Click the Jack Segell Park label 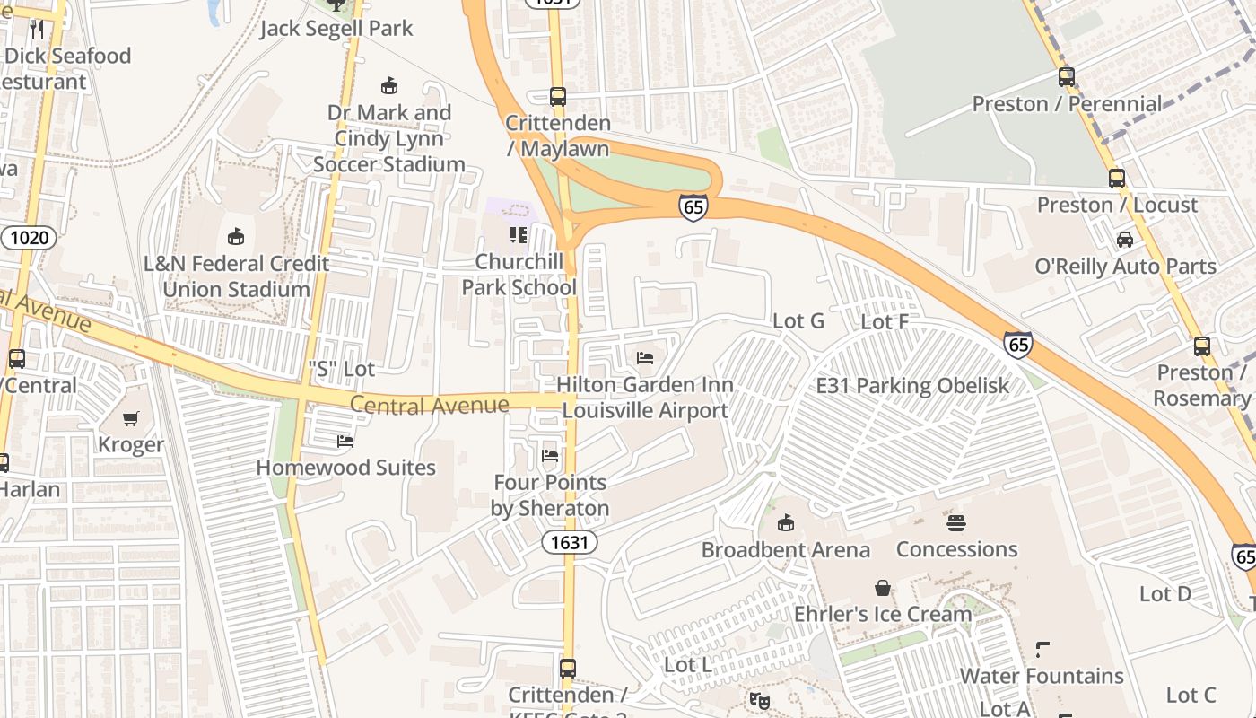(336, 28)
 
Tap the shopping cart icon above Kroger (131, 418)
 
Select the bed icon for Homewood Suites (345, 441)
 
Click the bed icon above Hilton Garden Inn (644, 358)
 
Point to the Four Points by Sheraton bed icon (550, 456)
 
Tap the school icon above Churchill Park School (518, 235)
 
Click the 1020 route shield (29, 238)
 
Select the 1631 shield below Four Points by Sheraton (570, 542)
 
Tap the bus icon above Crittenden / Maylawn (558, 97)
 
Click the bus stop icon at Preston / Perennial (1066, 77)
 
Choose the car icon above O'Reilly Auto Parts (1124, 240)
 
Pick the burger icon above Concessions (956, 522)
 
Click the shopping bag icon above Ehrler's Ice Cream (883, 588)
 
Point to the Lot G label (798, 320)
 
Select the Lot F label (885, 320)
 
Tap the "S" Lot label (341, 368)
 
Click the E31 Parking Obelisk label (911, 385)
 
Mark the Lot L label (688, 664)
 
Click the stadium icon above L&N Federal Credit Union (235, 237)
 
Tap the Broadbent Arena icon (785, 522)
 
